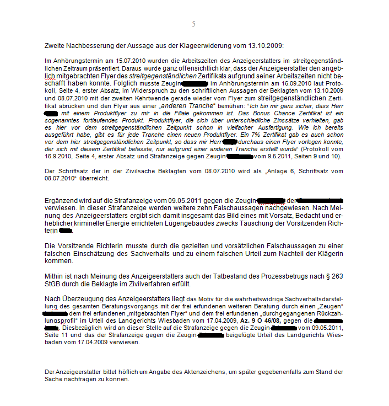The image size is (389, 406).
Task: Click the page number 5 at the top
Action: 193,24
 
